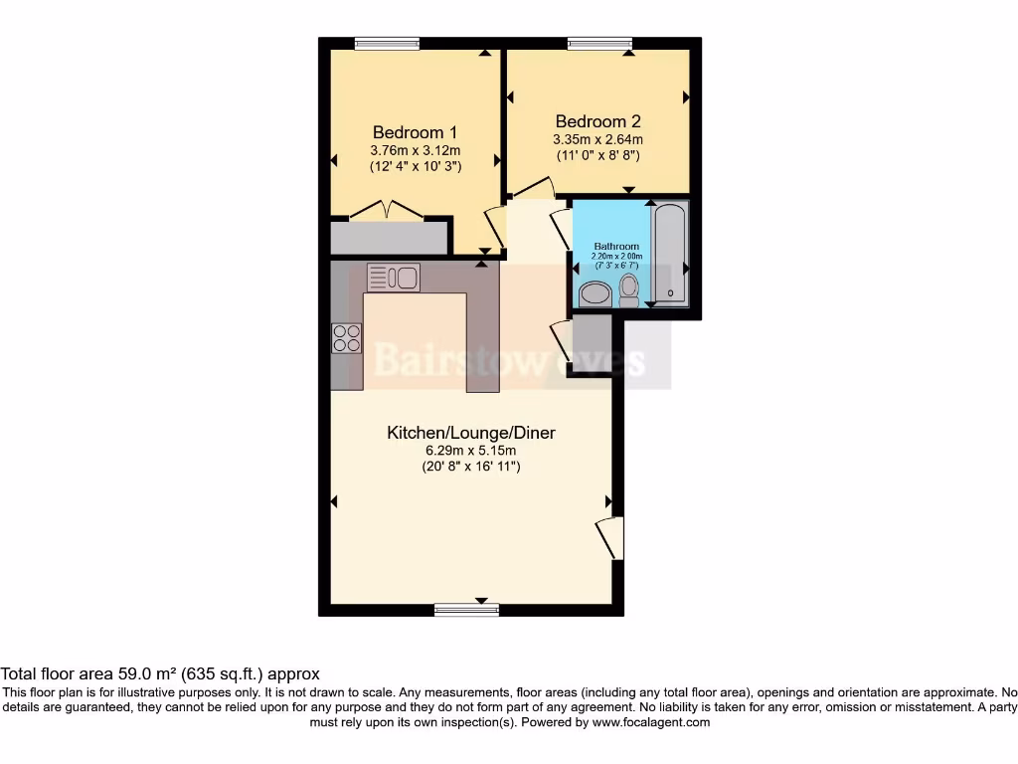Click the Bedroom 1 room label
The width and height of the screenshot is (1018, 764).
[415, 132]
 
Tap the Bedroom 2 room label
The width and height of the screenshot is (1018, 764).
[597, 122]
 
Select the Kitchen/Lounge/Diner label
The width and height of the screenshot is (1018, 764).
[470, 433]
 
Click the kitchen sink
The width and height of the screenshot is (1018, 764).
[394, 277]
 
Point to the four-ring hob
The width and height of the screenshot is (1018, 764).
[347, 338]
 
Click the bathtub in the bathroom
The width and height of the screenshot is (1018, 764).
[670, 253]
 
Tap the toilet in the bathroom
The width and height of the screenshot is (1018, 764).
[628, 289]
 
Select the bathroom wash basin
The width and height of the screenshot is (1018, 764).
[595, 293]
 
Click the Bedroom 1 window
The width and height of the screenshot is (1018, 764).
[387, 43]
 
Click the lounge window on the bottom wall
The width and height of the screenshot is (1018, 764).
[466, 609]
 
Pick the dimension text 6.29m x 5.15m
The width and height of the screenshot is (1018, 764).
[470, 451]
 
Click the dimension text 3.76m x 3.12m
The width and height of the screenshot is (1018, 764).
[415, 150]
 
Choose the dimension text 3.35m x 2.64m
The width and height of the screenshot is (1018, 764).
[597, 140]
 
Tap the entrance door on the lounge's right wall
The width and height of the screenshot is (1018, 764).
[609, 538]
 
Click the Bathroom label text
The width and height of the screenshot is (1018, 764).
[616, 246]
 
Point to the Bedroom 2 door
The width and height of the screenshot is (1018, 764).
[533, 187]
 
